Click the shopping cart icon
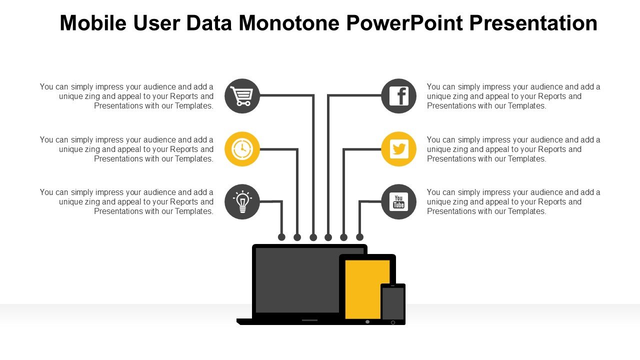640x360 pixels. click(242, 96)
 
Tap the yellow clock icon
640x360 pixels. click(242, 149)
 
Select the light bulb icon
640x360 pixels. click(242, 202)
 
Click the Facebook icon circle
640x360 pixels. click(398, 96)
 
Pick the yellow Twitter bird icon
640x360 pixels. click(398, 149)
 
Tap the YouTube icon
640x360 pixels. click(398, 202)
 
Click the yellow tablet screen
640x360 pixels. click(367, 289)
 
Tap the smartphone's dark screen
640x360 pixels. click(393, 303)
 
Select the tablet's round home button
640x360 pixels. click(367, 321)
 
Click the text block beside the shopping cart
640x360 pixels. click(127, 96)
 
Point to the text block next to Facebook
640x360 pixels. click(513, 96)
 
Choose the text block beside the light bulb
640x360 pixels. click(127, 201)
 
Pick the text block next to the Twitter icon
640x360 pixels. click(513, 149)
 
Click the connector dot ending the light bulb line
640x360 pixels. click(281, 237)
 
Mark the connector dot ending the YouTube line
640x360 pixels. click(359, 237)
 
